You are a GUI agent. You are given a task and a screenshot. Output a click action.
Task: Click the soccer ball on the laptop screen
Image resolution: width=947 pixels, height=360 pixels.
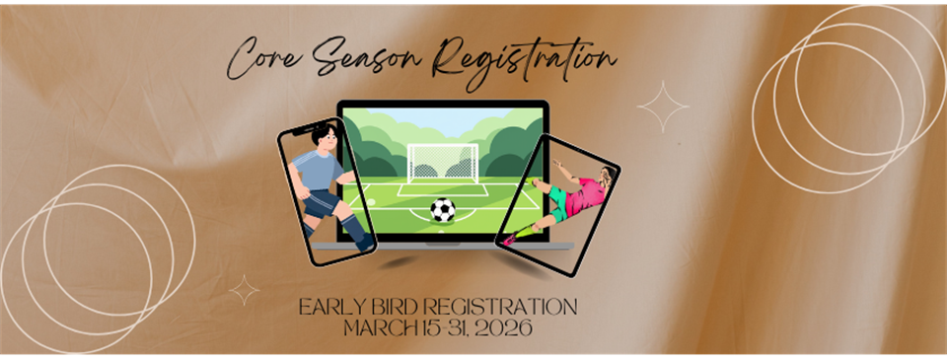(443, 209)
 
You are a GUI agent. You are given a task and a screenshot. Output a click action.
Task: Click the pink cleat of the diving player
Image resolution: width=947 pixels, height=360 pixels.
(509, 240)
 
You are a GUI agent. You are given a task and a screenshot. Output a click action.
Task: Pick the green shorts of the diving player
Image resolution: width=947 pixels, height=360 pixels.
(558, 203)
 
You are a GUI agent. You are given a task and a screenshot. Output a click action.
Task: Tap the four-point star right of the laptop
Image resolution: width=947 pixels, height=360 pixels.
(662, 108)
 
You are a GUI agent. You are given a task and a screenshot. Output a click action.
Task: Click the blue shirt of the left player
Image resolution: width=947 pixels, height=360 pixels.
(320, 174)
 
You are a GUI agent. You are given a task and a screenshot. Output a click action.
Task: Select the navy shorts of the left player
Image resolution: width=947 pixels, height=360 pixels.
(322, 204)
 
